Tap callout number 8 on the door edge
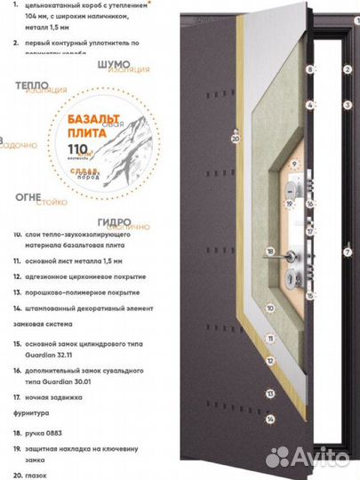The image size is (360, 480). tap(310, 68)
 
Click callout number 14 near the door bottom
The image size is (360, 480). tap(269, 419)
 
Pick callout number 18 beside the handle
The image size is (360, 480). tap(269, 252)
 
